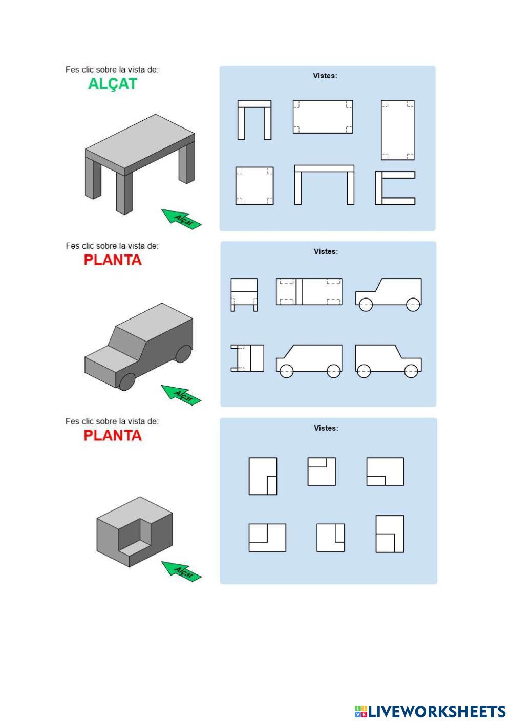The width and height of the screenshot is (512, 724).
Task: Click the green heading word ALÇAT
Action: [113, 83]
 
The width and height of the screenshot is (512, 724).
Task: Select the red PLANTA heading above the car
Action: [113, 260]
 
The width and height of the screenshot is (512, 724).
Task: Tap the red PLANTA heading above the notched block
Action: [113, 435]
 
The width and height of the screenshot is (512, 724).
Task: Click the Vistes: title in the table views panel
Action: [325, 76]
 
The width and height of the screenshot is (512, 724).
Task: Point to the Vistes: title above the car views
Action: [326, 251]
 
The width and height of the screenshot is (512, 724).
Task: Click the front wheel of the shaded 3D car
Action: [127, 381]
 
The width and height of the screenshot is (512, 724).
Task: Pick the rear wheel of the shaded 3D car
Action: [183, 353]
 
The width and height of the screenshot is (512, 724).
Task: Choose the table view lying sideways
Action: [395, 188]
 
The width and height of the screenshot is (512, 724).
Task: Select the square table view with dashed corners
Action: [254, 185]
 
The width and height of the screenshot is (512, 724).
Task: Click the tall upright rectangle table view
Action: [397, 130]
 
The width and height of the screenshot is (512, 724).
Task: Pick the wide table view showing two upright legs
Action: [324, 185]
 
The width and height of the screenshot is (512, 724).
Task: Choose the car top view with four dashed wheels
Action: [309, 291]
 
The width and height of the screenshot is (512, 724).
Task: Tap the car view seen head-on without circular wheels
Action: [244, 294]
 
